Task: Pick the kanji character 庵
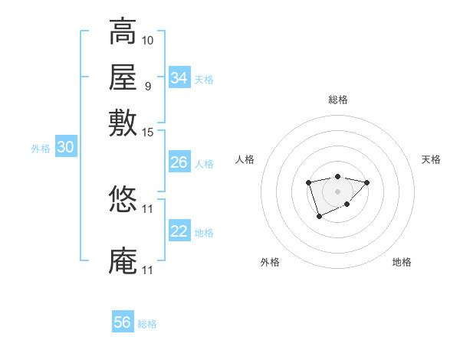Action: (123, 261)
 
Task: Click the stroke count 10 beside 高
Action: (148, 39)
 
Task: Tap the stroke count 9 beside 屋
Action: (148, 85)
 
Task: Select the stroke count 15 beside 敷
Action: (148, 133)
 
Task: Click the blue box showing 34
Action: (179, 78)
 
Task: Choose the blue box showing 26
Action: (179, 162)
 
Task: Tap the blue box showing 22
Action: (179, 231)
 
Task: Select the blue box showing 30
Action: (65, 148)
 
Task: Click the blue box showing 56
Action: (123, 322)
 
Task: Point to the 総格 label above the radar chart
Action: (337, 100)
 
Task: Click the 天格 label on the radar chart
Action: (431, 159)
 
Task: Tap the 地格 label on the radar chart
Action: (402, 262)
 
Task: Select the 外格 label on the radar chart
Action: (270, 262)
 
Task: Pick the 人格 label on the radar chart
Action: (245, 159)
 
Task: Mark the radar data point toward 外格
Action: (319, 218)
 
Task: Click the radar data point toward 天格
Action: (367, 182)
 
